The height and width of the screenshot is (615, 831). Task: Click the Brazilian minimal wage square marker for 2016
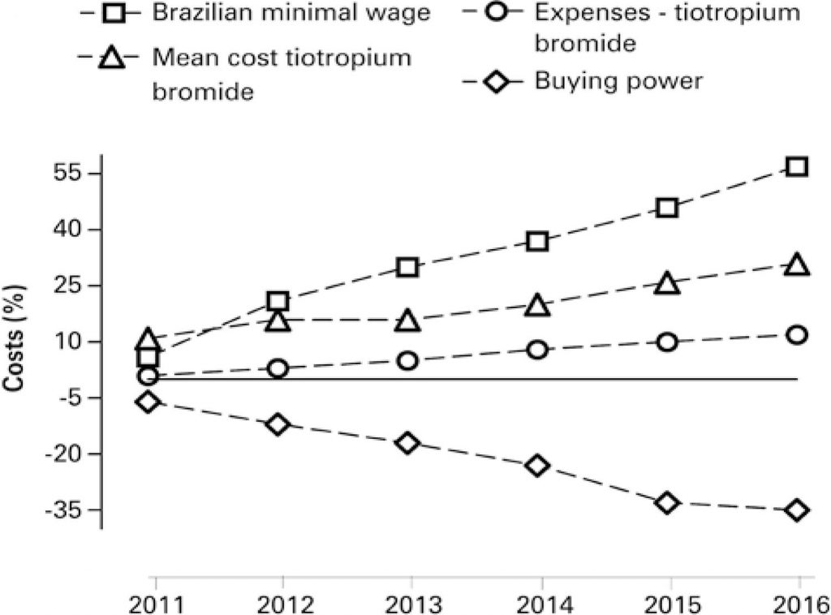point(797,167)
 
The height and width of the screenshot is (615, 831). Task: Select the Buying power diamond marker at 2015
point(667,503)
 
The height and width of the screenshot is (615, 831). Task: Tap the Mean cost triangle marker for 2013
point(407,321)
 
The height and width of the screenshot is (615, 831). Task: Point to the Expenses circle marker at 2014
point(537,350)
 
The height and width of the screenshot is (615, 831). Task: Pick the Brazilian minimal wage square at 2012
point(278,302)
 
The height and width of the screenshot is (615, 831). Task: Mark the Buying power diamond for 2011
point(148,402)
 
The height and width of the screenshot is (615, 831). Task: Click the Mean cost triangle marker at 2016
point(797,265)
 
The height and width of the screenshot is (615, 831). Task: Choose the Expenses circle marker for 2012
point(278,368)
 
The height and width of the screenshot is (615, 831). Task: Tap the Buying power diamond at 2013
point(407,443)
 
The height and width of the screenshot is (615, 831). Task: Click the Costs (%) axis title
point(15,342)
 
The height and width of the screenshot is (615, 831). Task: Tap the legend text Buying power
point(618,81)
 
